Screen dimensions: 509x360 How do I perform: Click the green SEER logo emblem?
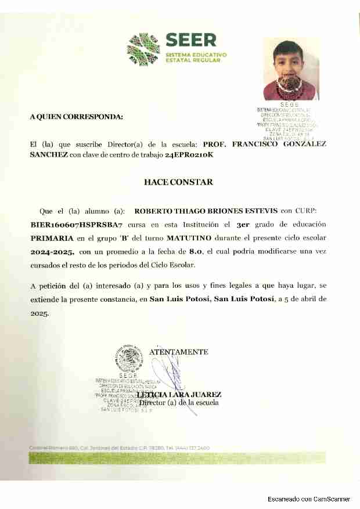coord(143,49)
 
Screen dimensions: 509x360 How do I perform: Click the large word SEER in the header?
coord(190,40)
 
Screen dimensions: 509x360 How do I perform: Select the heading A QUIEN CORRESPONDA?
coord(77,117)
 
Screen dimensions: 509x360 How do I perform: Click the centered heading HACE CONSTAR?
coord(178,182)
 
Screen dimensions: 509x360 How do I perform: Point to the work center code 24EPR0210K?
coord(189,155)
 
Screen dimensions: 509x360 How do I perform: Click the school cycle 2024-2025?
coord(53,252)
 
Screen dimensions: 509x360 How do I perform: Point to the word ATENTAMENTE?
coord(179,352)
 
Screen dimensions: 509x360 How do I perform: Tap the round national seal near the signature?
coord(128,359)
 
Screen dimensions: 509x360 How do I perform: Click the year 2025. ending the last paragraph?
coord(39,312)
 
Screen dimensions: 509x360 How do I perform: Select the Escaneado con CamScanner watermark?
coord(309,499)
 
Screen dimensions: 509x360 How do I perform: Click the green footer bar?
coord(178,457)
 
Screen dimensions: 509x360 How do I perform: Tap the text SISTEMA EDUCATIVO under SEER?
coord(196,54)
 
